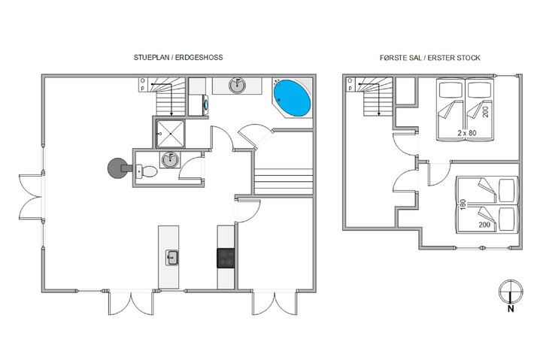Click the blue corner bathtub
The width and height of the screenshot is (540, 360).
292,98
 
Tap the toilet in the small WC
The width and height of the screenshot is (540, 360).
147,171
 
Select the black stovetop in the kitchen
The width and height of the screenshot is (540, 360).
226,258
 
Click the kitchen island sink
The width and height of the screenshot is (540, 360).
171,258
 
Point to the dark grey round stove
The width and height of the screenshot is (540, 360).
118,168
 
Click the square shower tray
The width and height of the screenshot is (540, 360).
171,133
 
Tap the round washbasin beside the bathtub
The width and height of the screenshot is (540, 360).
237,86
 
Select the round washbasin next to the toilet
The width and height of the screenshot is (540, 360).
170,159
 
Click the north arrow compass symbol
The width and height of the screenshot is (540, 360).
511,292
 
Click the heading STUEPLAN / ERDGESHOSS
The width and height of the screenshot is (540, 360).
178,57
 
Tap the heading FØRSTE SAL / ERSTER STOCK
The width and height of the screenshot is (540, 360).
429,58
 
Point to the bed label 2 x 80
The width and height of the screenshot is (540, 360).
466,133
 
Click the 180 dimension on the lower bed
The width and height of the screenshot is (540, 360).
463,204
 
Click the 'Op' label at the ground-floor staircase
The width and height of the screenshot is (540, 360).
142,84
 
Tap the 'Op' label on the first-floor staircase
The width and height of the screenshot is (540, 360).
350,85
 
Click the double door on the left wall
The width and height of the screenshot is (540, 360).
30,196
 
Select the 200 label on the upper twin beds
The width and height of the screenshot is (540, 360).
486,112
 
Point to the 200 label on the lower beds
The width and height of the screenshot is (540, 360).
484,225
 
